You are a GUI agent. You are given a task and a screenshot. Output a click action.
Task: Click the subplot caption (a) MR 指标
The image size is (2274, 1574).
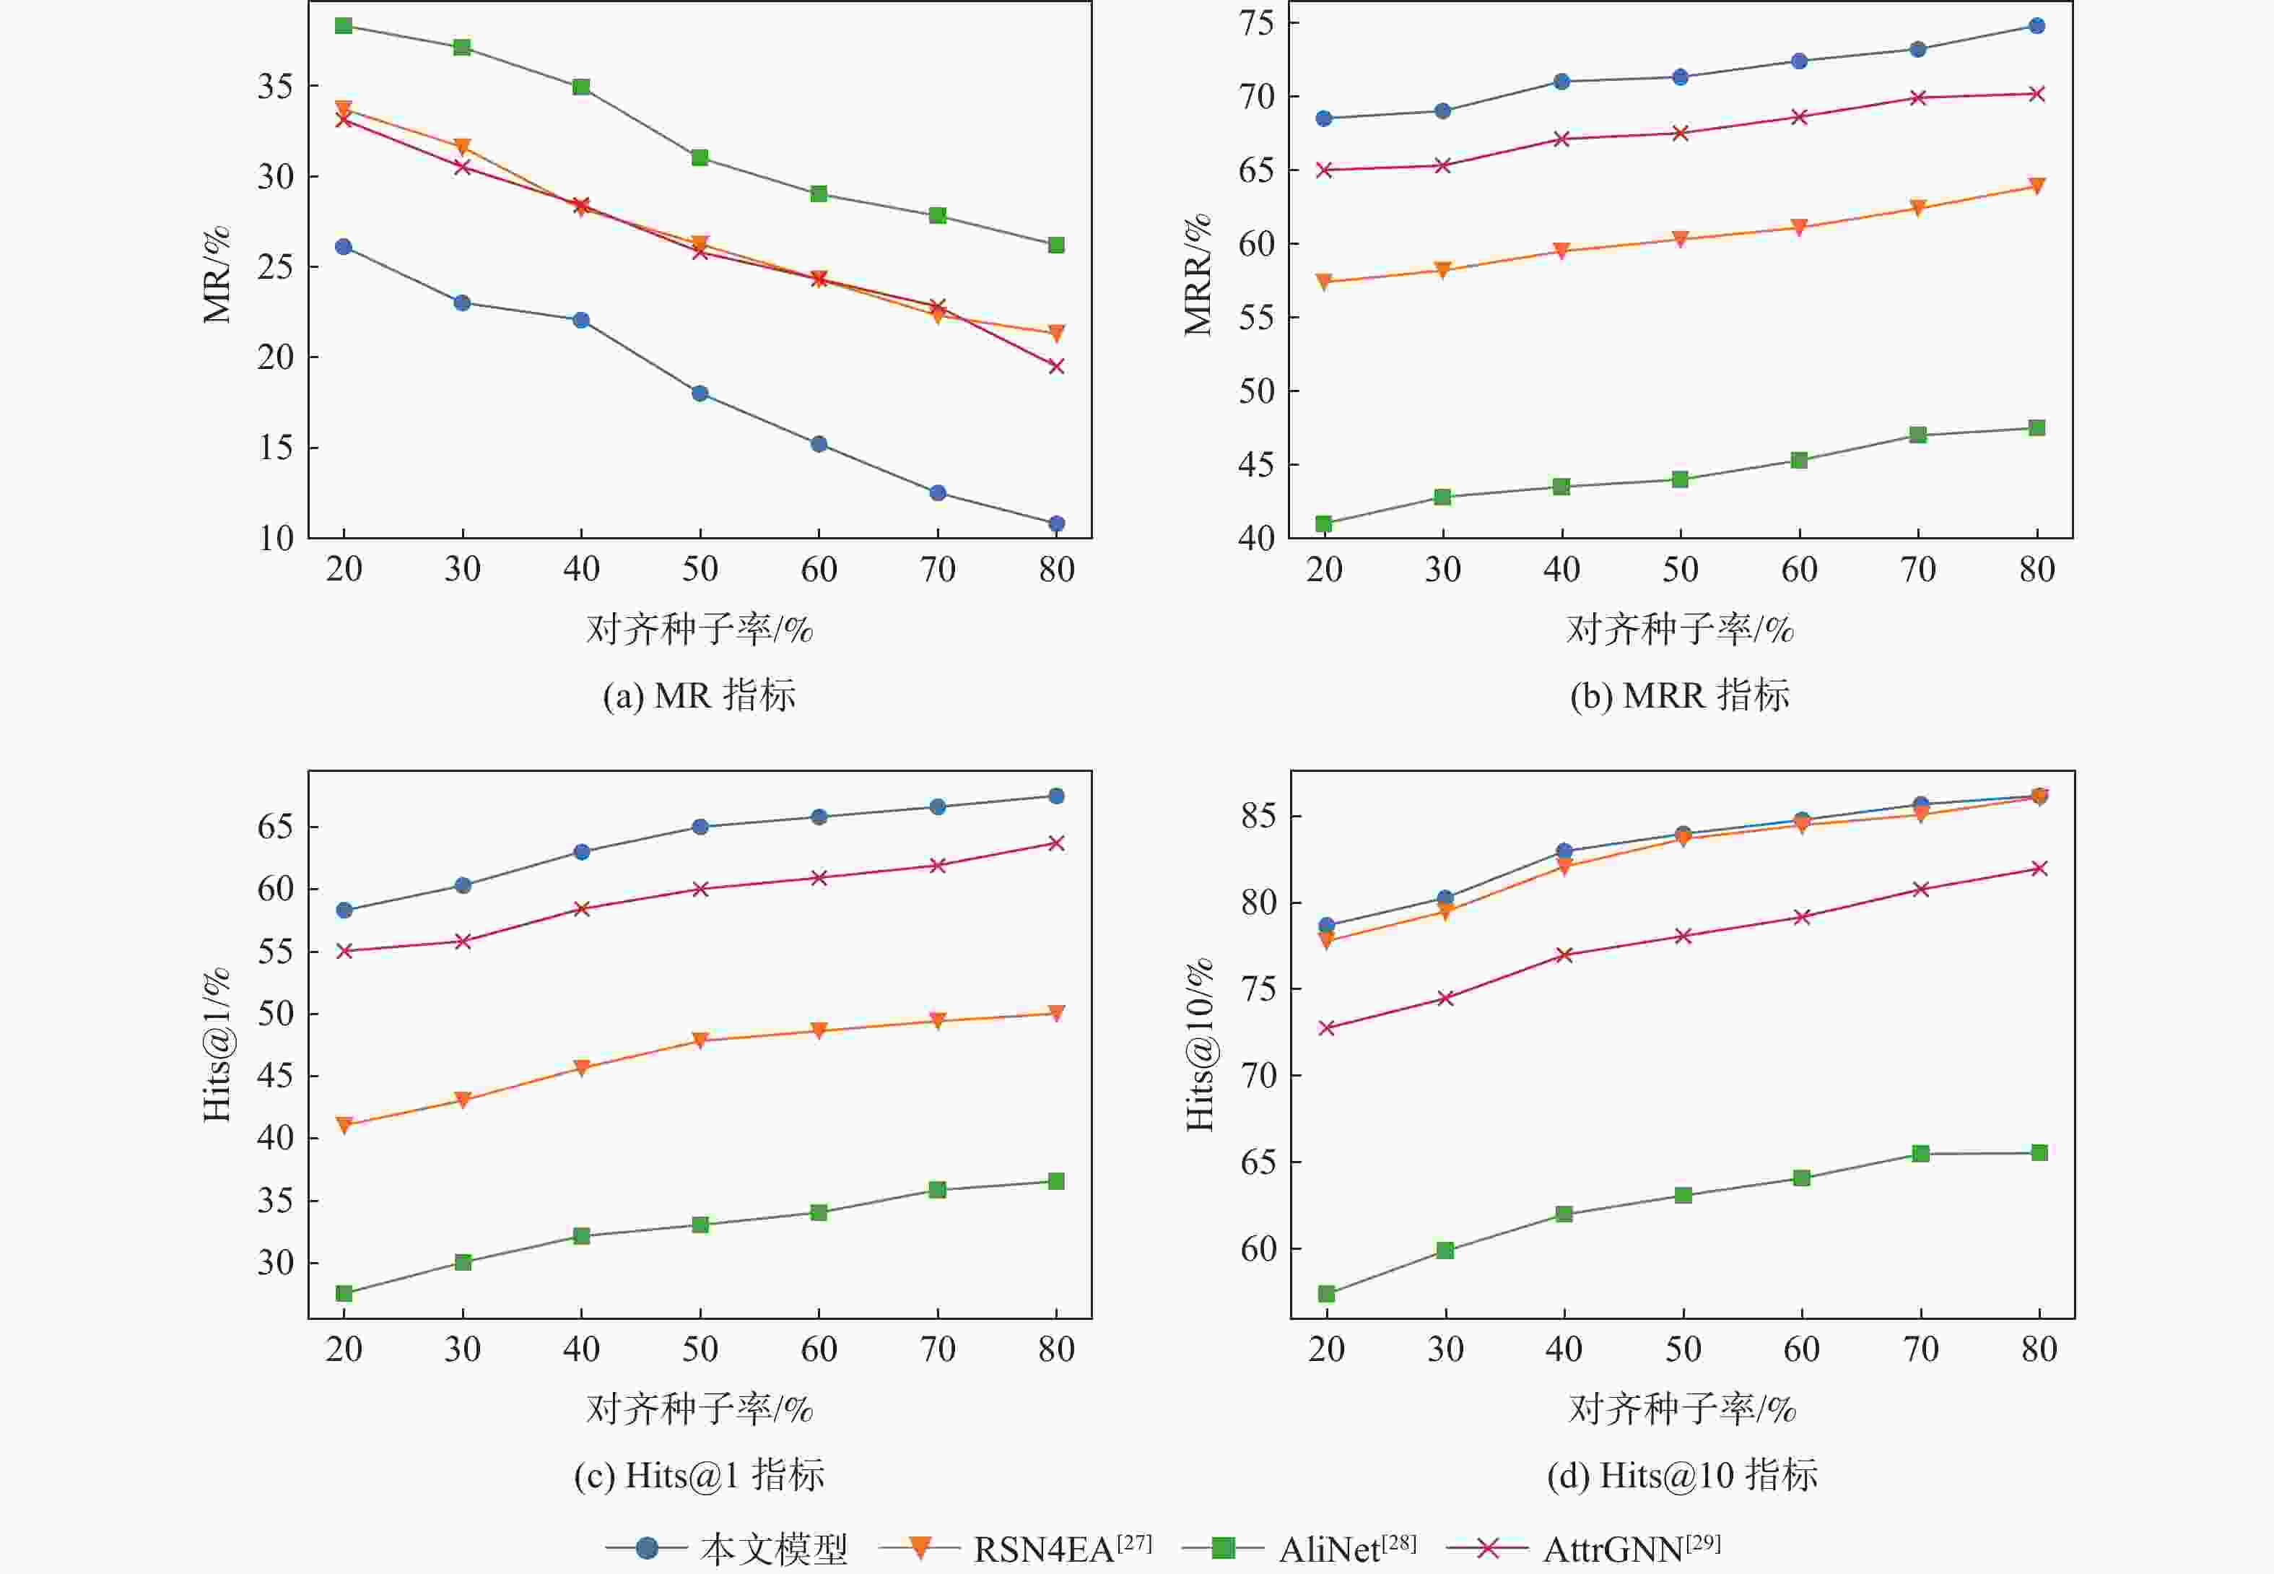click(x=699, y=695)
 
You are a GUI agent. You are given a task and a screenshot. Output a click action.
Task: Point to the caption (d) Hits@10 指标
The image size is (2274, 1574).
click(x=1682, y=1475)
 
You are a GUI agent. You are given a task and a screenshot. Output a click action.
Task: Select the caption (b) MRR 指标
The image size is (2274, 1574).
click(x=1679, y=695)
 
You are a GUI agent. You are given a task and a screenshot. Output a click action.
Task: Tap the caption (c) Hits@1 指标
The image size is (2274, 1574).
click(x=699, y=1475)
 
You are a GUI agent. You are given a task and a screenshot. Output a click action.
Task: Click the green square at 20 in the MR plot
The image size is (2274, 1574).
click(x=343, y=26)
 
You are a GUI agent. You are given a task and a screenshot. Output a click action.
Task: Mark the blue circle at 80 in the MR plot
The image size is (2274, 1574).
click(x=1056, y=523)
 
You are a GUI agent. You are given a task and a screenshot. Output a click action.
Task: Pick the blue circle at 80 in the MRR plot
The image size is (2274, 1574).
click(x=2036, y=26)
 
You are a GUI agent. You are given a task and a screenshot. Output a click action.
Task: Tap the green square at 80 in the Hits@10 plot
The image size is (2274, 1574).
click(x=2039, y=1153)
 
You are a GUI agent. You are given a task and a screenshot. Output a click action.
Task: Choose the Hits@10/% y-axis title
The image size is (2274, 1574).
click(x=1199, y=1045)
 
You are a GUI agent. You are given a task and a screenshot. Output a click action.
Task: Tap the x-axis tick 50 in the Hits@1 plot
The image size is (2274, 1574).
click(x=700, y=1349)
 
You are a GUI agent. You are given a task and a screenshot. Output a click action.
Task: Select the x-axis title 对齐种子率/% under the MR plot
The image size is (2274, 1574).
click(x=699, y=629)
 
